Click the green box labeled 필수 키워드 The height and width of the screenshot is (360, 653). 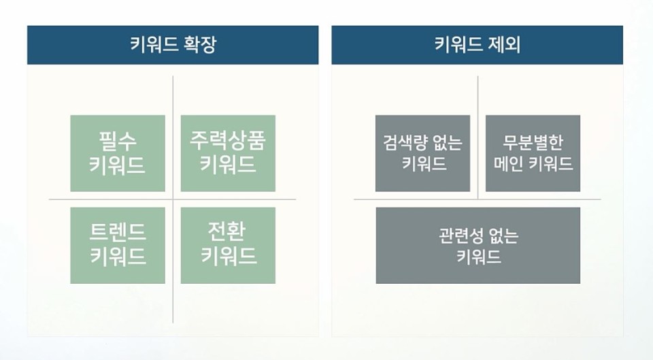tap(118, 153)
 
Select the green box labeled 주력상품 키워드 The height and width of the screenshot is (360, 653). tap(228, 153)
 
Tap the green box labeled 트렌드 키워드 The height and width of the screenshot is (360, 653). tap(118, 246)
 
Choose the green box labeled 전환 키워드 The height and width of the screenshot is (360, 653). tap(228, 246)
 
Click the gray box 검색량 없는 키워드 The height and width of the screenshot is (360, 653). tap(422, 153)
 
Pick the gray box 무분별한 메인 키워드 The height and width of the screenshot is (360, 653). tap(533, 153)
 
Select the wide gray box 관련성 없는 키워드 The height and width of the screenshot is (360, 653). tap(478, 246)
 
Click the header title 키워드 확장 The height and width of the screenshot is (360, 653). tap(173, 45)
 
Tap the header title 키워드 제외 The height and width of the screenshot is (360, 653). tap(478, 45)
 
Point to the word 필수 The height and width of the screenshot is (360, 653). tap(118, 142)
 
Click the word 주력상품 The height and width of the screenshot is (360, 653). tap(228, 140)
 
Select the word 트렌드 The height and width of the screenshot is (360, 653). tap(118, 232)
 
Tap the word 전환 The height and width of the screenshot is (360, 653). tap(227, 231)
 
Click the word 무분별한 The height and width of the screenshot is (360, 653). tap(533, 142)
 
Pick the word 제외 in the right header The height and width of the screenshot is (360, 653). tap(505, 45)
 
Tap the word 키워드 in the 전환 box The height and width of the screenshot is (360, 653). tap(229, 255)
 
